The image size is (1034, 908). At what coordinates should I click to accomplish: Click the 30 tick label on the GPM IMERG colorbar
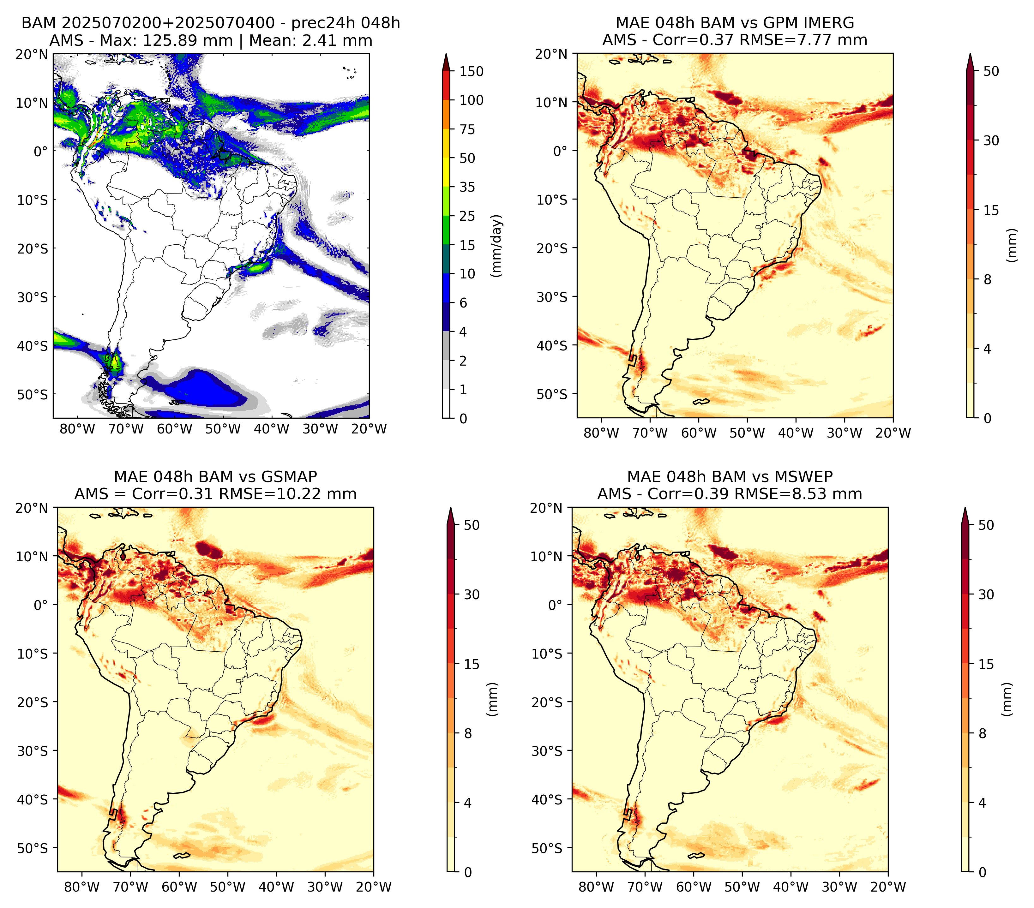pyautogui.click(x=991, y=140)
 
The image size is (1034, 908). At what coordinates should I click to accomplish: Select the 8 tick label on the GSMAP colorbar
pyautogui.click(x=468, y=733)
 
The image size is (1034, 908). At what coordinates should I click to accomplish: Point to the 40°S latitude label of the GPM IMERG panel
pyautogui.click(x=553, y=346)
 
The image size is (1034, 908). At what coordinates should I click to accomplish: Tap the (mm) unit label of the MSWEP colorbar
pyautogui.click(x=1007, y=699)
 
